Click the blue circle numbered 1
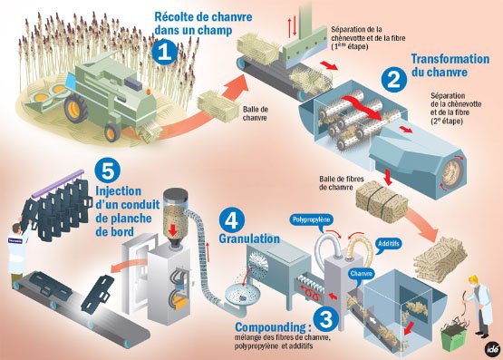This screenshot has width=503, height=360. click(x=165, y=53)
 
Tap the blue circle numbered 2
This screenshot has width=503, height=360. click(x=394, y=79)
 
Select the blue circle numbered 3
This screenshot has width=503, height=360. click(x=325, y=319)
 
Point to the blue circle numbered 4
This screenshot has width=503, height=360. click(x=232, y=220)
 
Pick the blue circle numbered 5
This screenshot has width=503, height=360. click(x=108, y=171)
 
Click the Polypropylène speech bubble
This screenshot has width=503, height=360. click(x=311, y=220)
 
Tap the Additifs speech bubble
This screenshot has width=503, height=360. click(x=388, y=245)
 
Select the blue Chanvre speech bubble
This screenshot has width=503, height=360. click(x=362, y=275)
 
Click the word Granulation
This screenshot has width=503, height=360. click(x=249, y=238)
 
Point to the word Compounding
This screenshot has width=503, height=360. click(x=270, y=327)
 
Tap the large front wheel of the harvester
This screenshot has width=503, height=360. click(x=76, y=109)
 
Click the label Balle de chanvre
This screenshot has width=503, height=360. click(x=255, y=113)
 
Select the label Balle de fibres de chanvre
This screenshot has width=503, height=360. click(x=342, y=183)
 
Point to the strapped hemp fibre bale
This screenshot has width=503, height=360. click(x=382, y=200)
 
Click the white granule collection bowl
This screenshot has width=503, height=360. click(x=242, y=295)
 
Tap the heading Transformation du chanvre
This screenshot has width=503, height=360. click(x=450, y=65)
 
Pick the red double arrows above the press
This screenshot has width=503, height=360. click(x=292, y=26)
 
